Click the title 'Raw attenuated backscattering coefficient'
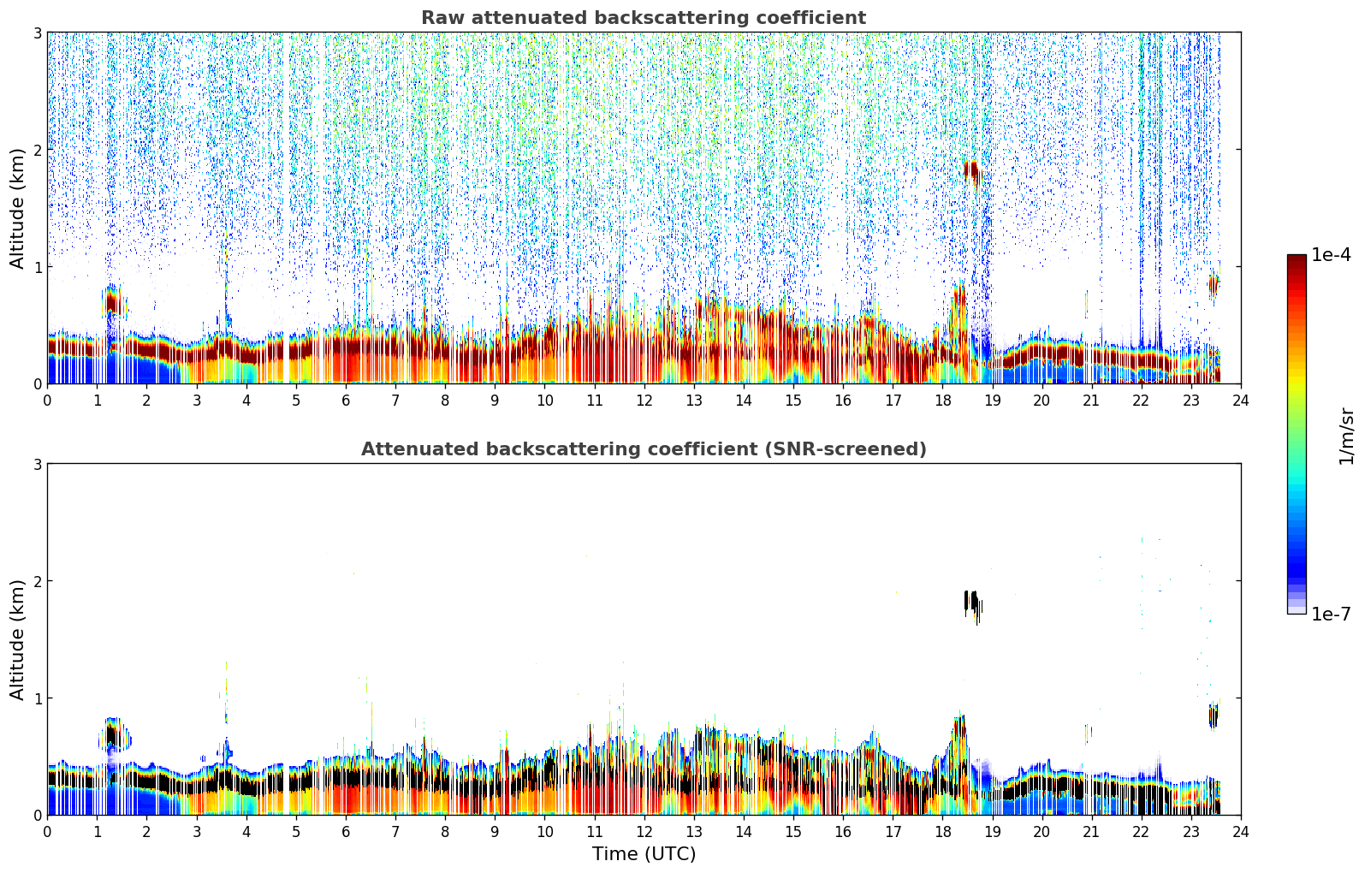[644, 18]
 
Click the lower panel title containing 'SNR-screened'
[644, 448]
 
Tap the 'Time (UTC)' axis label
[644, 853]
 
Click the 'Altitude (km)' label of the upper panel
[17, 209]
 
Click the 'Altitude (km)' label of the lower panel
[17, 639]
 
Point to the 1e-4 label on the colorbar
[1331, 254]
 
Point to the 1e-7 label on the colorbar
[1331, 614]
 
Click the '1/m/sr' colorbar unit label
[1346, 436]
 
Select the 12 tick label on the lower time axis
[644, 831]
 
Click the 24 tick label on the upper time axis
[1241, 400]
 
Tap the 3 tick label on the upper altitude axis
[37, 33]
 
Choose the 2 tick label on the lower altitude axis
[37, 581]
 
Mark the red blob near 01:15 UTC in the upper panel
[111, 302]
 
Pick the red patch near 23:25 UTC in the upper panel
[1213, 285]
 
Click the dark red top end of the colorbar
[1297, 258]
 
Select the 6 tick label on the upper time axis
[346, 400]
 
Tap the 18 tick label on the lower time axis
[943, 831]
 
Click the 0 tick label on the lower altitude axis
[37, 815]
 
